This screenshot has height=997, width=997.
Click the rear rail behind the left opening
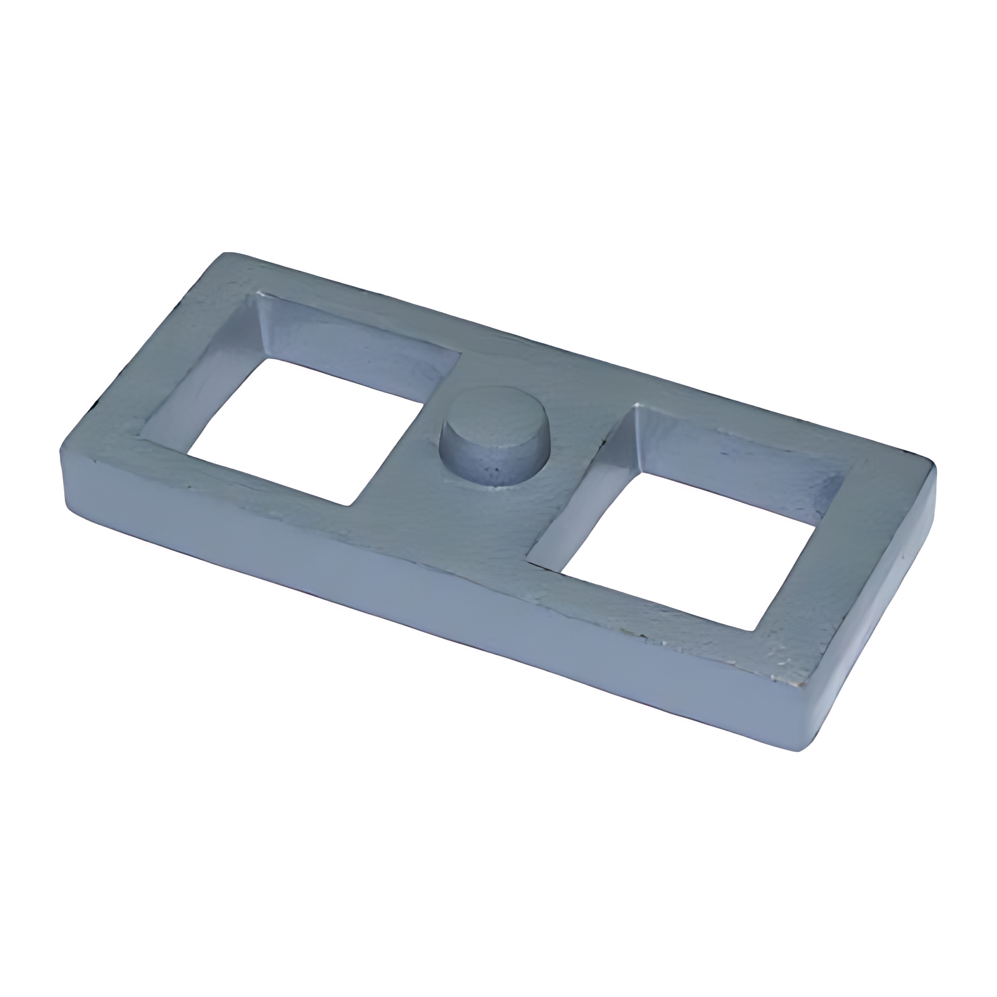pyautogui.click(x=356, y=297)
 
